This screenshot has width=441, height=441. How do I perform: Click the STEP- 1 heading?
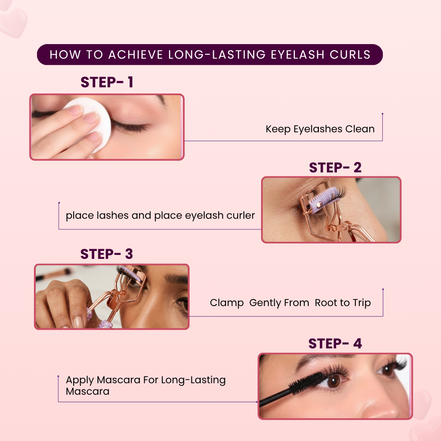click(107, 82)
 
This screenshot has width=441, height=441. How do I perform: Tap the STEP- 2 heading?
click(335, 168)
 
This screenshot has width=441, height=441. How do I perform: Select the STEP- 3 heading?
click(106, 254)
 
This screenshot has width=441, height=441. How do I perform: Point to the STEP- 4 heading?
click(335, 344)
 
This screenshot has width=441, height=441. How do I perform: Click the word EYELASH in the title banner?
click(298, 55)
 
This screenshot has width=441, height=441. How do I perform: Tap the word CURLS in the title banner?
click(350, 55)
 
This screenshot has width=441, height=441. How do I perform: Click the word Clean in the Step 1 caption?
click(360, 129)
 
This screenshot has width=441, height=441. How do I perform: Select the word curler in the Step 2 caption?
click(241, 216)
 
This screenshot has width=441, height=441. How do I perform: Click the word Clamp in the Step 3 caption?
click(227, 303)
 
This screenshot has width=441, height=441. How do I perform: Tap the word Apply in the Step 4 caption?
click(79, 380)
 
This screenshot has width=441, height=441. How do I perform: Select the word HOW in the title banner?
click(65, 55)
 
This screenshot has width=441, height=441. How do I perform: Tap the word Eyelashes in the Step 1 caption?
click(318, 129)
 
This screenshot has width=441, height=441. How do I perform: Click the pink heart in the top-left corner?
click(13, 22)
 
